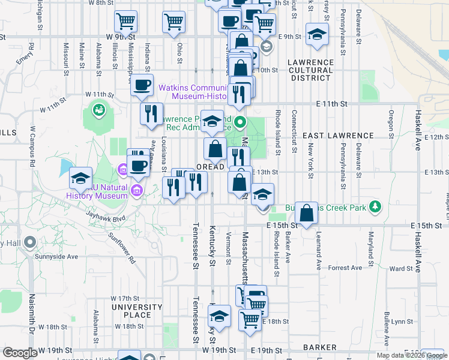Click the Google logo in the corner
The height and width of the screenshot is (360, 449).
click(x=20, y=353)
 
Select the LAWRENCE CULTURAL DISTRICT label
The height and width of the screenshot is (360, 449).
click(x=310, y=70)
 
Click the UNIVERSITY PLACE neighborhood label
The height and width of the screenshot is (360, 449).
click(x=137, y=311)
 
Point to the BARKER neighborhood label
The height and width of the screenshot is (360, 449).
click(x=319, y=347)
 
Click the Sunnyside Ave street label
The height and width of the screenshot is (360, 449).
click(x=61, y=256)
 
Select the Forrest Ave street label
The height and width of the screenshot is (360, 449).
click(x=345, y=268)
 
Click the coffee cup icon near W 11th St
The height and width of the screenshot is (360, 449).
click(x=142, y=85)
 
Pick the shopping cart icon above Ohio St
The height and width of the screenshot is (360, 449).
click(x=173, y=22)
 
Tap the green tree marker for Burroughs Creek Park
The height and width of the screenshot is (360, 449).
click(x=375, y=206)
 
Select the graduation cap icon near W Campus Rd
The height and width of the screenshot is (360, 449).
click(x=80, y=178)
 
